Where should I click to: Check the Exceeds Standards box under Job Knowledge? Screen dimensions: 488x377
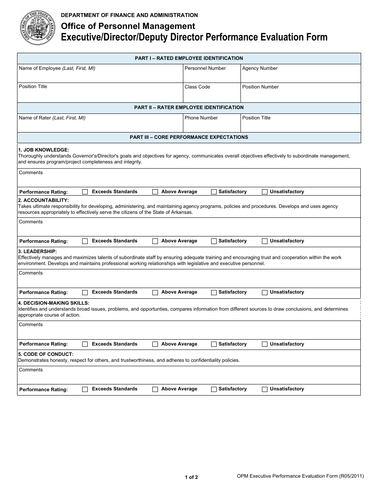[x=85, y=192]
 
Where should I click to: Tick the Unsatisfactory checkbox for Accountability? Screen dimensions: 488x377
[x=265, y=241]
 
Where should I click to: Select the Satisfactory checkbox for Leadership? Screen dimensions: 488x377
[x=214, y=293]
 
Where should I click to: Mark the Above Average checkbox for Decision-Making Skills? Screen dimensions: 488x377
[x=155, y=344]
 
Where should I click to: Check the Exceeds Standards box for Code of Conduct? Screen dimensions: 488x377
[x=85, y=390]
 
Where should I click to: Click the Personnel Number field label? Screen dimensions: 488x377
[x=205, y=68]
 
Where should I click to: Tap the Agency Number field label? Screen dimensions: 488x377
[x=260, y=68]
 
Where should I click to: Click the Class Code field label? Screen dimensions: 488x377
[x=197, y=87]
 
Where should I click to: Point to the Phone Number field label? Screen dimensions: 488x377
[x=201, y=118]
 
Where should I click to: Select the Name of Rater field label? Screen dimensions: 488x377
[x=52, y=118]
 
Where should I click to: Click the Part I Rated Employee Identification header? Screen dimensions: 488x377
[x=188, y=58]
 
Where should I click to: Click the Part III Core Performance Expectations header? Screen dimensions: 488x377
[x=188, y=137]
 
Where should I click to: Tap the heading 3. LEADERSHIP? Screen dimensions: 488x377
[x=37, y=252]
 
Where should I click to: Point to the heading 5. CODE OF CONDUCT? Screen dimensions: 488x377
[x=46, y=354]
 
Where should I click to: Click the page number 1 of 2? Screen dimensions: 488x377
[x=191, y=477]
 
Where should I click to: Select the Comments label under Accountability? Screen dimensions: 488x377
[x=31, y=222]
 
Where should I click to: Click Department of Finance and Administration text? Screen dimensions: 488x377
[x=129, y=15]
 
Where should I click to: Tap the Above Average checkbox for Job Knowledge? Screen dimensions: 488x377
[x=155, y=192]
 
